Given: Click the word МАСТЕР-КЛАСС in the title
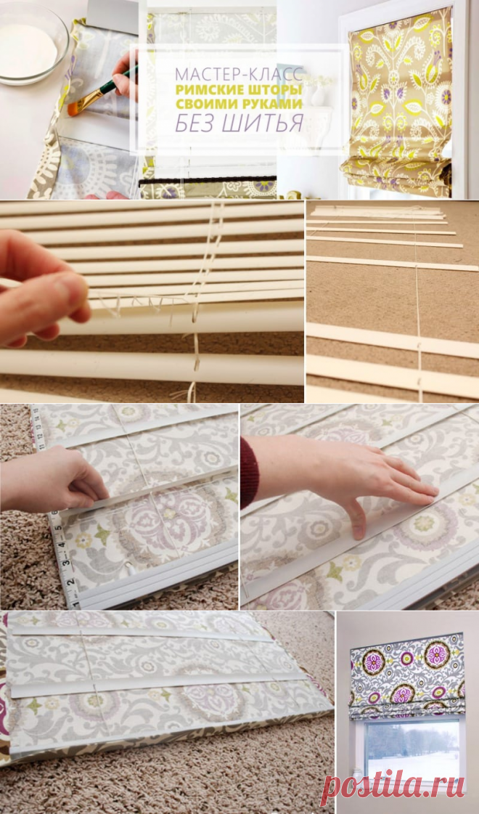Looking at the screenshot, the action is (239, 74).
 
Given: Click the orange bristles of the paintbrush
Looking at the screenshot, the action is (78, 105).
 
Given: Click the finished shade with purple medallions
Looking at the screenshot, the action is (406, 674).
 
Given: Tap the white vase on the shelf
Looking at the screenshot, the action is (318, 96).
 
